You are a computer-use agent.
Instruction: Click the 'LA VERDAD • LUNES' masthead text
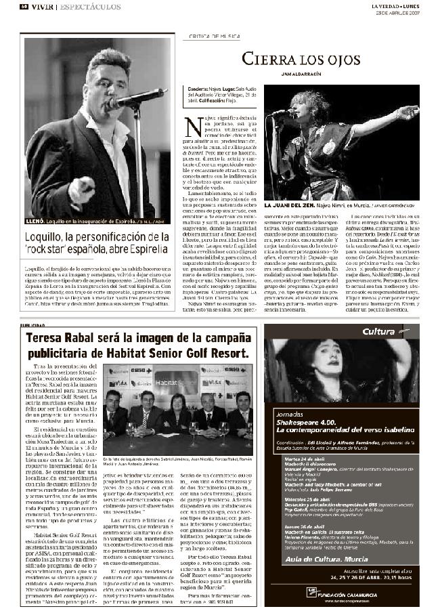click(x=395, y=5)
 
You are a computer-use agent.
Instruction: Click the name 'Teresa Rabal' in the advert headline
click(x=60, y=339)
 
